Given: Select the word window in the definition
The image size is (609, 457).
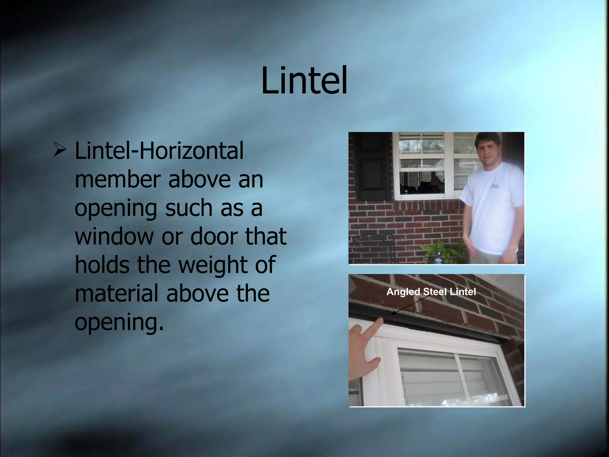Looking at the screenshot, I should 114,237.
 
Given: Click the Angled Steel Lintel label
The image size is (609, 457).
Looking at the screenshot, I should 431,292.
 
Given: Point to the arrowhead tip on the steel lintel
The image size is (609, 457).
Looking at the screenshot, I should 393,313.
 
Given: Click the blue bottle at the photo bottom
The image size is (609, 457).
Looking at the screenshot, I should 438,259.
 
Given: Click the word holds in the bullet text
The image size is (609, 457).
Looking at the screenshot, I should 101,265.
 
